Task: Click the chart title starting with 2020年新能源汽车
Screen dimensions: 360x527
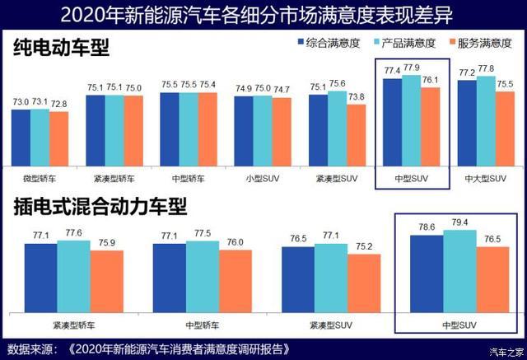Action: pyautogui.click(x=263, y=14)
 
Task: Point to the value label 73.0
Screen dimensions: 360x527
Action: pyautogui.click(x=21, y=102)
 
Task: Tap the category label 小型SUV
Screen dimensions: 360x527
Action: pyautogui.click(x=254, y=176)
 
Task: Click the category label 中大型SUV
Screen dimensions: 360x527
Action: pyautogui.click(x=486, y=176)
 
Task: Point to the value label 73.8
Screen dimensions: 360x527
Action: pyautogui.click(x=356, y=96)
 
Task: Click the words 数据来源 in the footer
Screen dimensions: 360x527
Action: pyautogui.click(x=29, y=348)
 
